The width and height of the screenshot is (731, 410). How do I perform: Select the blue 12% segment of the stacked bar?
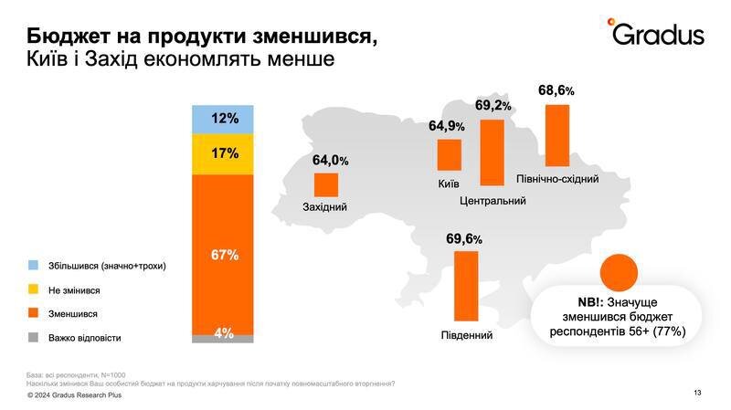point(222,119)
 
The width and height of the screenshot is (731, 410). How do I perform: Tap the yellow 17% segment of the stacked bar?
point(222,153)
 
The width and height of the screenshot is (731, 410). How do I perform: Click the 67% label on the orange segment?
point(224,255)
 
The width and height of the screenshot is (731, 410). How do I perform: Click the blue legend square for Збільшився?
point(33,266)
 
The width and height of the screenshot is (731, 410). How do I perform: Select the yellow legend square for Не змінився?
point(33,289)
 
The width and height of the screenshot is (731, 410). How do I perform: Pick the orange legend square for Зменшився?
point(33,313)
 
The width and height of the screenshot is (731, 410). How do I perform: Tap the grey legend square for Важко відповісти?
point(33,337)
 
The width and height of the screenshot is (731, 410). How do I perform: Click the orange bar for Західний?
point(326,185)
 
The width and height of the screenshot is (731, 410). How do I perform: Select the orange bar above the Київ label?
point(449,155)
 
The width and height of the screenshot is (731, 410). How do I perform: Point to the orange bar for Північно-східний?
point(556,134)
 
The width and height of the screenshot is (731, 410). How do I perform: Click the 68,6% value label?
point(556,91)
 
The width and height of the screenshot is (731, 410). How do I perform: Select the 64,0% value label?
point(330,161)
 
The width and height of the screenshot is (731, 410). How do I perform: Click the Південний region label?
point(466,335)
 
